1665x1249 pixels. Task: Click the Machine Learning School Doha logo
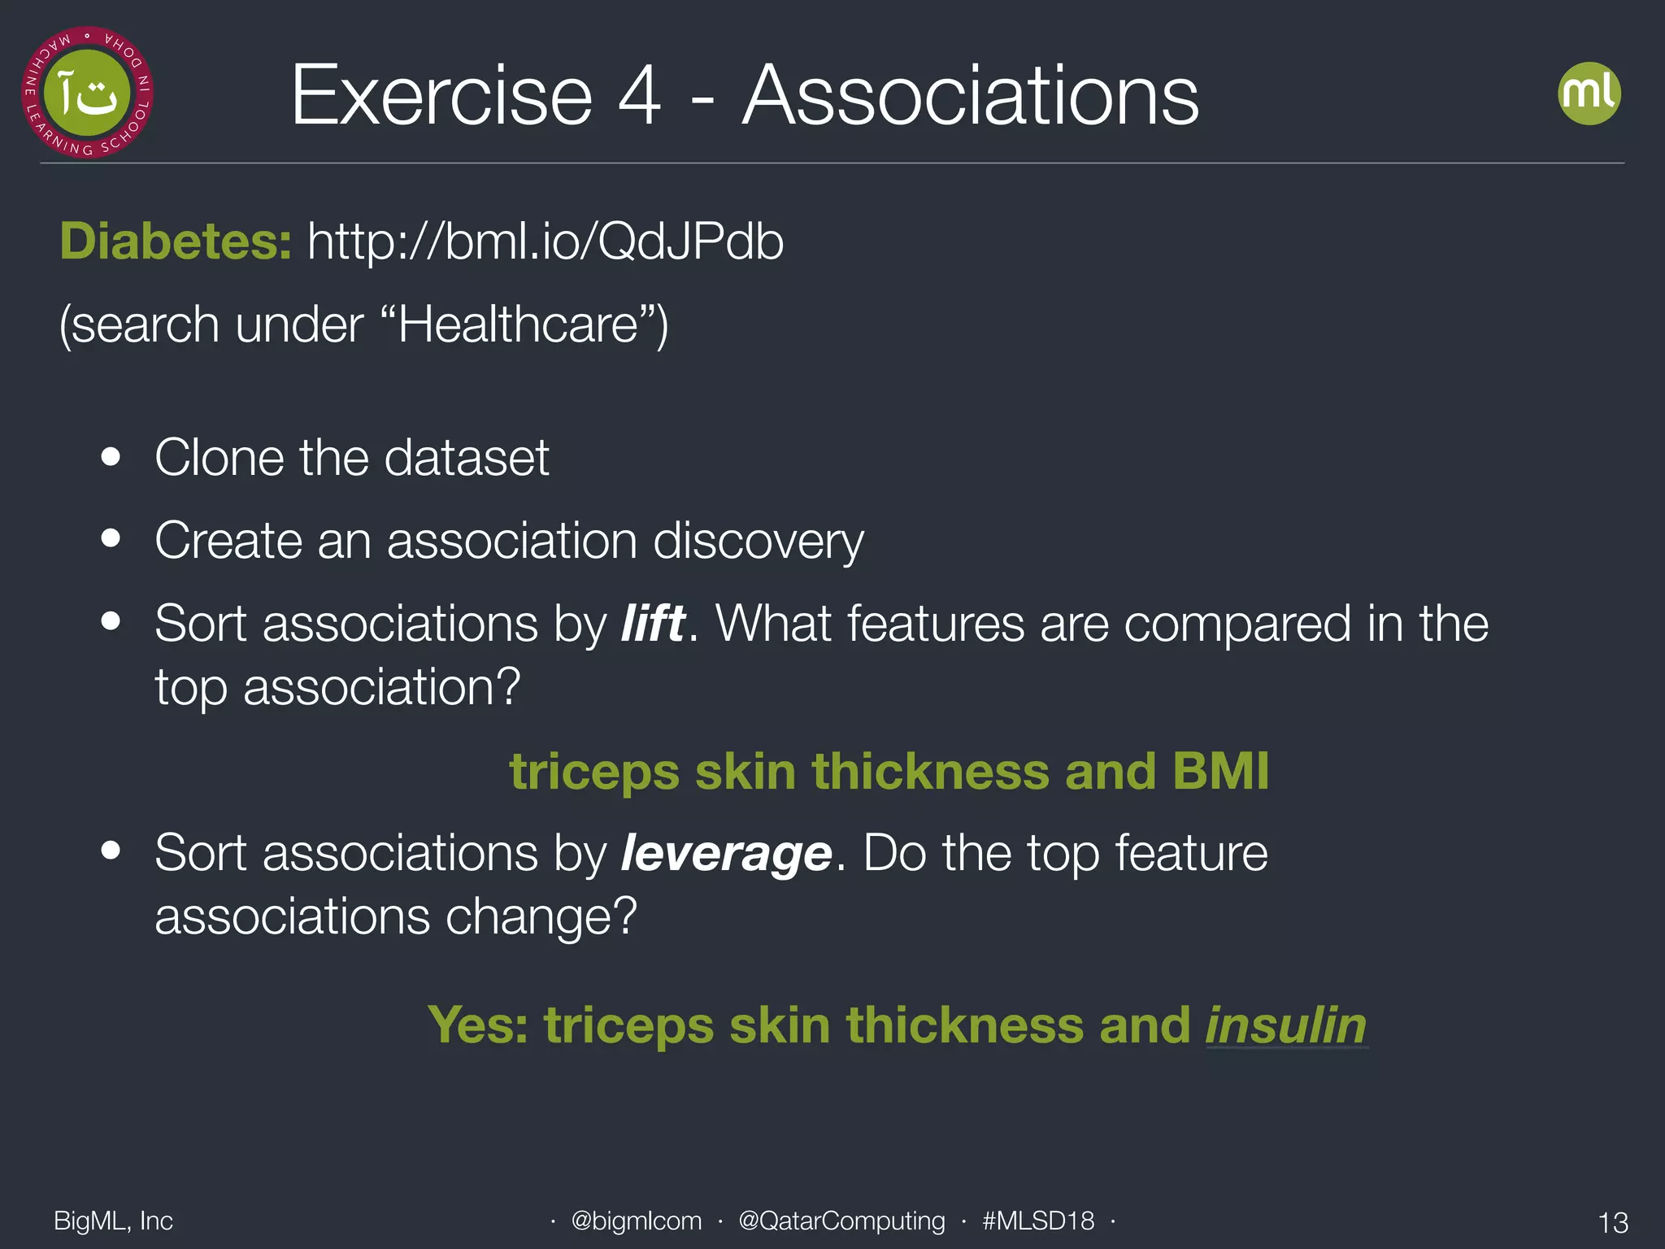(87, 93)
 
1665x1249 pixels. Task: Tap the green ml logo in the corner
(1589, 94)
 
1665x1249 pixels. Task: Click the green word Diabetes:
(176, 242)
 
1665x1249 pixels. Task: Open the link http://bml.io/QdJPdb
(545, 242)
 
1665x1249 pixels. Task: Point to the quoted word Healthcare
(518, 325)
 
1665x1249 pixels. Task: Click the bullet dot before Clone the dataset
(111, 457)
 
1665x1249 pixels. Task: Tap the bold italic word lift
(653, 624)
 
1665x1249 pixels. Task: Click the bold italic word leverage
(726, 854)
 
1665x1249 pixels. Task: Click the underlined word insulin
(1285, 1025)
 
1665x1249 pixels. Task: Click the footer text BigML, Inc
(113, 1221)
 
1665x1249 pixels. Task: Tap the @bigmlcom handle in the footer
(636, 1221)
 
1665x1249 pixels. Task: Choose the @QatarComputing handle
(841, 1221)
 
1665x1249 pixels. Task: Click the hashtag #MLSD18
(1038, 1221)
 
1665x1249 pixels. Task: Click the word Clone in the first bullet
(218, 457)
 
